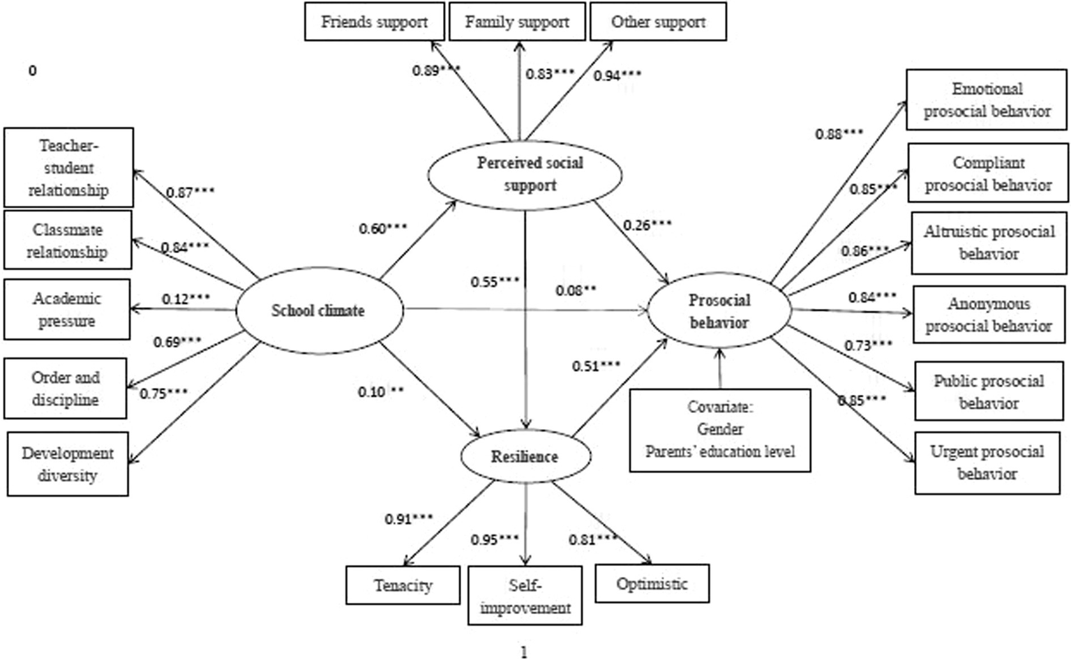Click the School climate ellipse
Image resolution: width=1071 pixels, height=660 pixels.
pyautogui.click(x=319, y=310)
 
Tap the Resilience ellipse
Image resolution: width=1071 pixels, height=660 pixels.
pyautogui.click(x=525, y=457)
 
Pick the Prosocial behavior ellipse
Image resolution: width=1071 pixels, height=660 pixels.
pyautogui.click(x=719, y=311)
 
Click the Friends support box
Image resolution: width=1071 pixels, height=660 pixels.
pyautogui.click(x=375, y=22)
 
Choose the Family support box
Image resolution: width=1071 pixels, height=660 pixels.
pyautogui.click(x=517, y=22)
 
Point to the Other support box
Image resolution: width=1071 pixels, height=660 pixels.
pyautogui.click(x=658, y=22)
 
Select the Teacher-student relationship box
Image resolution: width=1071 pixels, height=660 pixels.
pyautogui.click(x=68, y=167)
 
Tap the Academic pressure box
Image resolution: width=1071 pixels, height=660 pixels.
pyautogui.click(x=67, y=310)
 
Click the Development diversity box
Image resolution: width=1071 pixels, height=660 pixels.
pyautogui.click(x=68, y=464)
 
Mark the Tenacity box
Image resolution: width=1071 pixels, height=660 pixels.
pyautogui.click(x=403, y=585)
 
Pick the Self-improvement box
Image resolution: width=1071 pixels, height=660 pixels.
pyautogui.click(x=525, y=596)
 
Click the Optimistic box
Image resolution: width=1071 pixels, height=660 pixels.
pyautogui.click(x=652, y=584)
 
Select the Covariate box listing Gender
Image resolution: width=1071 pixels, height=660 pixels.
pyautogui.click(x=719, y=430)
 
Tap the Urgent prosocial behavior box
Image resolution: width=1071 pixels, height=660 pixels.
pyautogui.click(x=987, y=463)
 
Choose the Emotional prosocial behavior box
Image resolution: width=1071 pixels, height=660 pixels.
pyautogui.click(x=987, y=100)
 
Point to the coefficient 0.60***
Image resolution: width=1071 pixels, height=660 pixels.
pyautogui.click(x=383, y=229)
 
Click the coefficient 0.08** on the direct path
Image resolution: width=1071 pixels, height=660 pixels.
pyautogui.click(x=576, y=290)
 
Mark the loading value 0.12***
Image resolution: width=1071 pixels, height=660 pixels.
pyautogui.click(x=186, y=299)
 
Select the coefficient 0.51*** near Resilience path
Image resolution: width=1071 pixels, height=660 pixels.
pyautogui.click(x=596, y=366)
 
